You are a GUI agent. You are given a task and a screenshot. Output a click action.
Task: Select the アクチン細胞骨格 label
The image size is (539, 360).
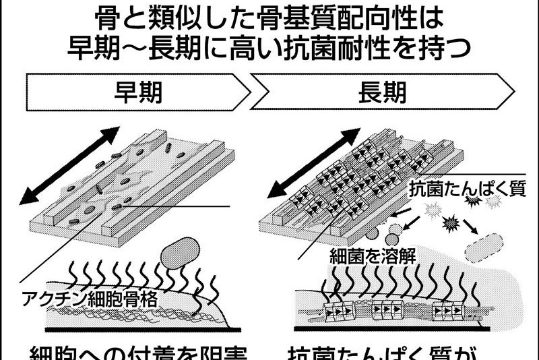click(98, 300)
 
